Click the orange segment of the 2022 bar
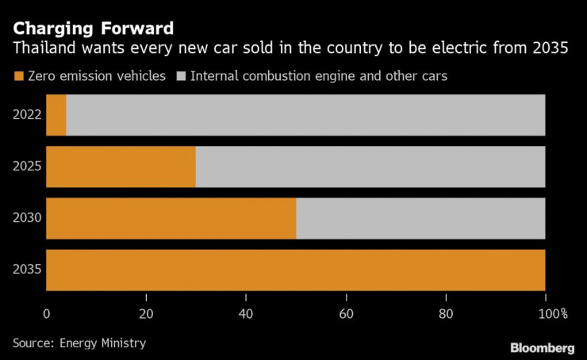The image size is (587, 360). [x=56, y=115]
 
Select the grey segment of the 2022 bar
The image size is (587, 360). [x=305, y=115]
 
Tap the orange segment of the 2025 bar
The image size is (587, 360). [x=121, y=167]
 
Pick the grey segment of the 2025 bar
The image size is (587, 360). [x=370, y=167]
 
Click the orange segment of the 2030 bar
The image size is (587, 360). [x=171, y=218]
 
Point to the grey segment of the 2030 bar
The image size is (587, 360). [x=420, y=218]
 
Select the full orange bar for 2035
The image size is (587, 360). [x=296, y=270]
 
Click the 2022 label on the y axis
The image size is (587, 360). [x=26, y=115]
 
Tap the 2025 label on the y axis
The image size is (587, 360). [x=26, y=167]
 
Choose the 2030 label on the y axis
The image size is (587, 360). [x=26, y=218]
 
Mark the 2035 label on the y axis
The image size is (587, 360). [x=26, y=270]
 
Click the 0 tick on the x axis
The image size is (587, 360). [x=47, y=313]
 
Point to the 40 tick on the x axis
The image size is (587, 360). [x=246, y=313]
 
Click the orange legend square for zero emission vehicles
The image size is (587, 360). [x=19, y=76]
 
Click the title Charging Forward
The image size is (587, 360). [x=93, y=28]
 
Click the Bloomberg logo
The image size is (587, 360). [x=542, y=347]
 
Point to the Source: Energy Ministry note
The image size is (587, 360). [x=79, y=343]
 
